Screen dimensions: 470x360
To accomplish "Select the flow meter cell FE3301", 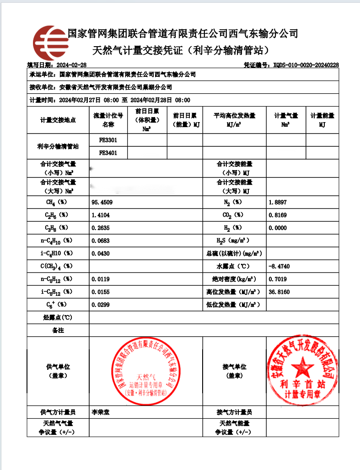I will pyautogui.click(x=108, y=140).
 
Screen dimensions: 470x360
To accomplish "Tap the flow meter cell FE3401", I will pyautogui.click(x=108, y=153).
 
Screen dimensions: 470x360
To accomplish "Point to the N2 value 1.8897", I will pyautogui.click(x=278, y=202).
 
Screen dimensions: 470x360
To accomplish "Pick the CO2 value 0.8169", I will pyautogui.click(x=278, y=214).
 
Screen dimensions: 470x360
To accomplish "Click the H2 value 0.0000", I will pyautogui.click(x=278, y=227).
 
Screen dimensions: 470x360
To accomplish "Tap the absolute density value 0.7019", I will pyautogui.click(x=278, y=278).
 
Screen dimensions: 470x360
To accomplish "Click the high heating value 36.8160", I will pyautogui.click(x=279, y=291).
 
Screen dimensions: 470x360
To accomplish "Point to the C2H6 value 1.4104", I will pyautogui.click(x=101, y=214).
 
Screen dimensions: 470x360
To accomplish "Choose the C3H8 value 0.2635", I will pyautogui.click(x=101, y=227).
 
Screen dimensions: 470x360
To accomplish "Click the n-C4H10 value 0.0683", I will pyautogui.click(x=101, y=240).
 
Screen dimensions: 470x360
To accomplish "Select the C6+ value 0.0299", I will pyautogui.click(x=101, y=304).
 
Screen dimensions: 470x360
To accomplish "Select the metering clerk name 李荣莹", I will pyautogui.click(x=101, y=411).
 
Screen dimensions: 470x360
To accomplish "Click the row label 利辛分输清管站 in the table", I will pyautogui.click(x=58, y=147).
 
